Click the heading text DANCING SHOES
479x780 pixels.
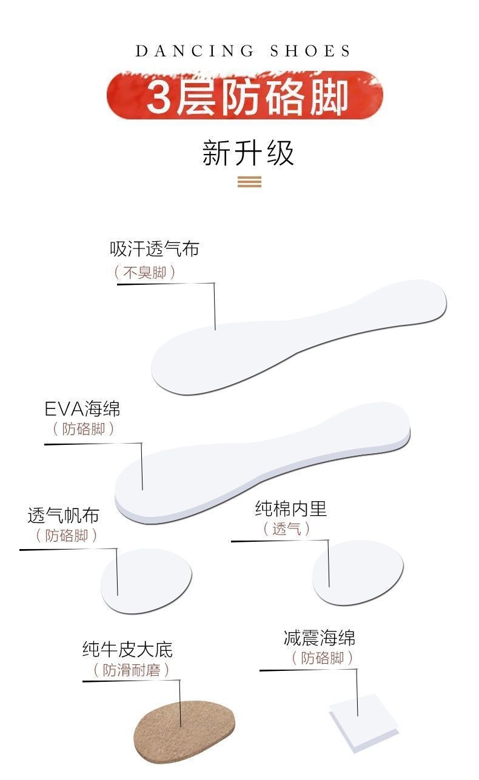[243, 52]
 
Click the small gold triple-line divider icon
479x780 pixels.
[249, 181]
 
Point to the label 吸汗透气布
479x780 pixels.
[154, 249]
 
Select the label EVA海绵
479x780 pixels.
[82, 408]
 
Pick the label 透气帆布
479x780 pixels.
[63, 516]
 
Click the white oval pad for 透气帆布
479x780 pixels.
[146, 580]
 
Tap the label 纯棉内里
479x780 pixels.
[290, 508]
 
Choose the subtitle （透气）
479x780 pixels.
[286, 528]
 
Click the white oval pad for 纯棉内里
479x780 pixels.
[358, 572]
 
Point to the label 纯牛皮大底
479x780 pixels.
[127, 650]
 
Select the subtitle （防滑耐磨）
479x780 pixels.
[131, 670]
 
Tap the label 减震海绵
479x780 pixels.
[320, 638]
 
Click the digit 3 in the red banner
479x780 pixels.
[159, 96]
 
